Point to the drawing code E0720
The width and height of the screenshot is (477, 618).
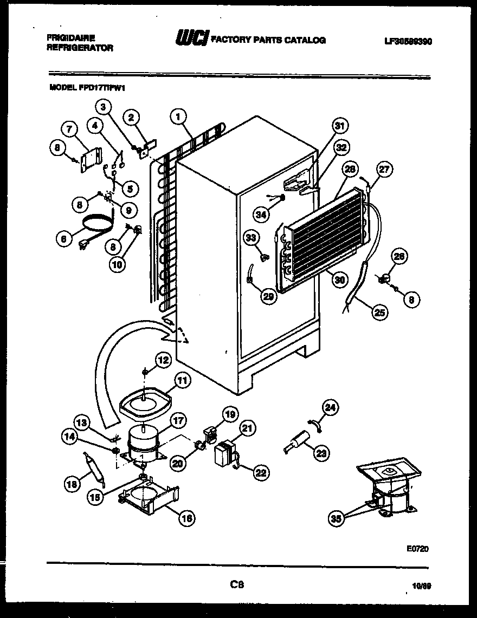417,548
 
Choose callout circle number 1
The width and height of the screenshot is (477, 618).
178,115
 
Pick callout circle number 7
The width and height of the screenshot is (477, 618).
69,129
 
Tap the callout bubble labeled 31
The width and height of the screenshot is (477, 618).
339,126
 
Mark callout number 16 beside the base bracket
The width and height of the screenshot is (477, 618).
186,518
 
